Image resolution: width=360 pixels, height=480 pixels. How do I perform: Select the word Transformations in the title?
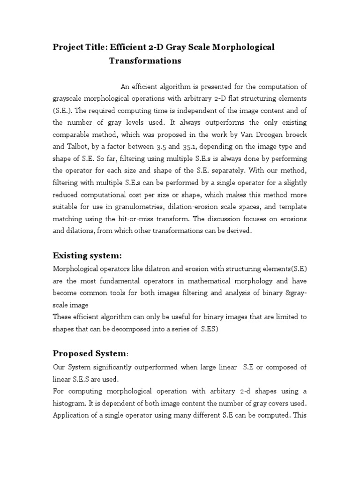145,61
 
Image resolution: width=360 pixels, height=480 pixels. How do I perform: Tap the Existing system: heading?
87,255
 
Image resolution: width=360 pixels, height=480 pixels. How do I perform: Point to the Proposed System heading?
89,353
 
